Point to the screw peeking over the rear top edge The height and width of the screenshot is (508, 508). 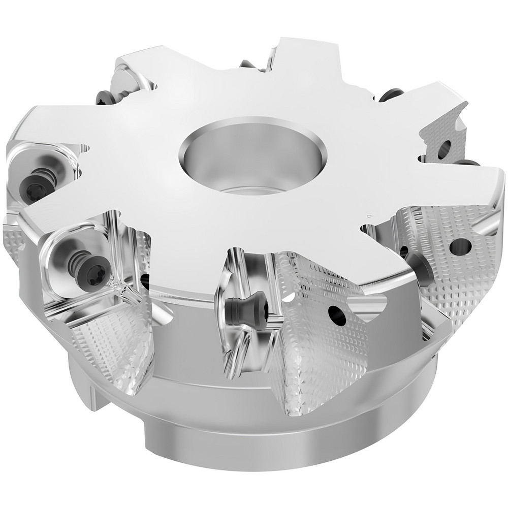tap(247, 65)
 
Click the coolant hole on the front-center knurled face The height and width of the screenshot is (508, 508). tap(335, 316)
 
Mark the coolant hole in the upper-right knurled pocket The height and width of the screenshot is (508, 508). tap(443, 148)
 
